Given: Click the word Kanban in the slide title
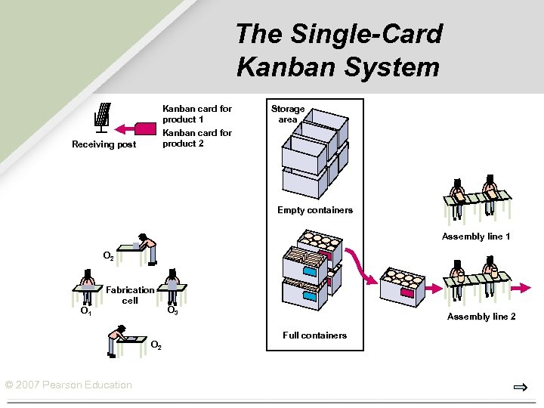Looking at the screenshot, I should pos(277,66).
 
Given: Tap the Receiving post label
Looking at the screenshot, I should pos(104,144).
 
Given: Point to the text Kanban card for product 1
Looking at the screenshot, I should pos(197,114).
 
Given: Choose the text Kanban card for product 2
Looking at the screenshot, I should pos(197,138).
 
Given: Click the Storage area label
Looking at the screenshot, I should pos(288,114).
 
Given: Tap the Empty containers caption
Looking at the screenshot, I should pos(314,210).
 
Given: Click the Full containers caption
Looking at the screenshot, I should pos(314,335).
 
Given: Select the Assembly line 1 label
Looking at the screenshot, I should pos(476,236).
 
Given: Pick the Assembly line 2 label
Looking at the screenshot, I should pos(481,317).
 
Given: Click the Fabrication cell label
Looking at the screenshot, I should pos(130,295).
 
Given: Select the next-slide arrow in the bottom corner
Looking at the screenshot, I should pos(520,388).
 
